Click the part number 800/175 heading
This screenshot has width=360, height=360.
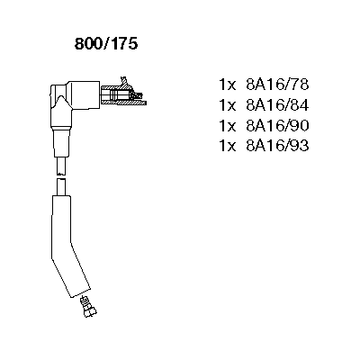tap(106, 44)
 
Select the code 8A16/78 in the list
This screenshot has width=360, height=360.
tap(277, 85)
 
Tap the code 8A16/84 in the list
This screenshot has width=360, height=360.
tap(277, 105)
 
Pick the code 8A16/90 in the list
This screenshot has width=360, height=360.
tap(277, 126)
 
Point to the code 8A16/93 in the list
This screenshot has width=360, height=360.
tap(277, 146)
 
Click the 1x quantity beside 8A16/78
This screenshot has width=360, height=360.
tap(228, 85)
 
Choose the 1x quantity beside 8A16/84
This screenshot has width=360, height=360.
tap(228, 105)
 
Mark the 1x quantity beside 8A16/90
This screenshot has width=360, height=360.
tap(228, 126)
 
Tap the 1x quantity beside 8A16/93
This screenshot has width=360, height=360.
tap(228, 147)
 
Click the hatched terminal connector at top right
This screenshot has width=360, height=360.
tap(123, 95)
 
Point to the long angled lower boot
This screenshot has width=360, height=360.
tap(67, 245)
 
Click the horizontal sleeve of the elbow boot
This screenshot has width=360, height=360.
tap(84, 95)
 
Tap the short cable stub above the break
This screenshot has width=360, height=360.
tap(61, 165)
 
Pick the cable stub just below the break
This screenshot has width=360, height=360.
tap(61, 186)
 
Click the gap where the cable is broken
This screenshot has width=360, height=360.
tap(61, 176)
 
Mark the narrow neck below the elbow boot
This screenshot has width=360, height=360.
tap(62, 142)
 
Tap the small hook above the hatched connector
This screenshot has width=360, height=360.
tap(124, 81)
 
